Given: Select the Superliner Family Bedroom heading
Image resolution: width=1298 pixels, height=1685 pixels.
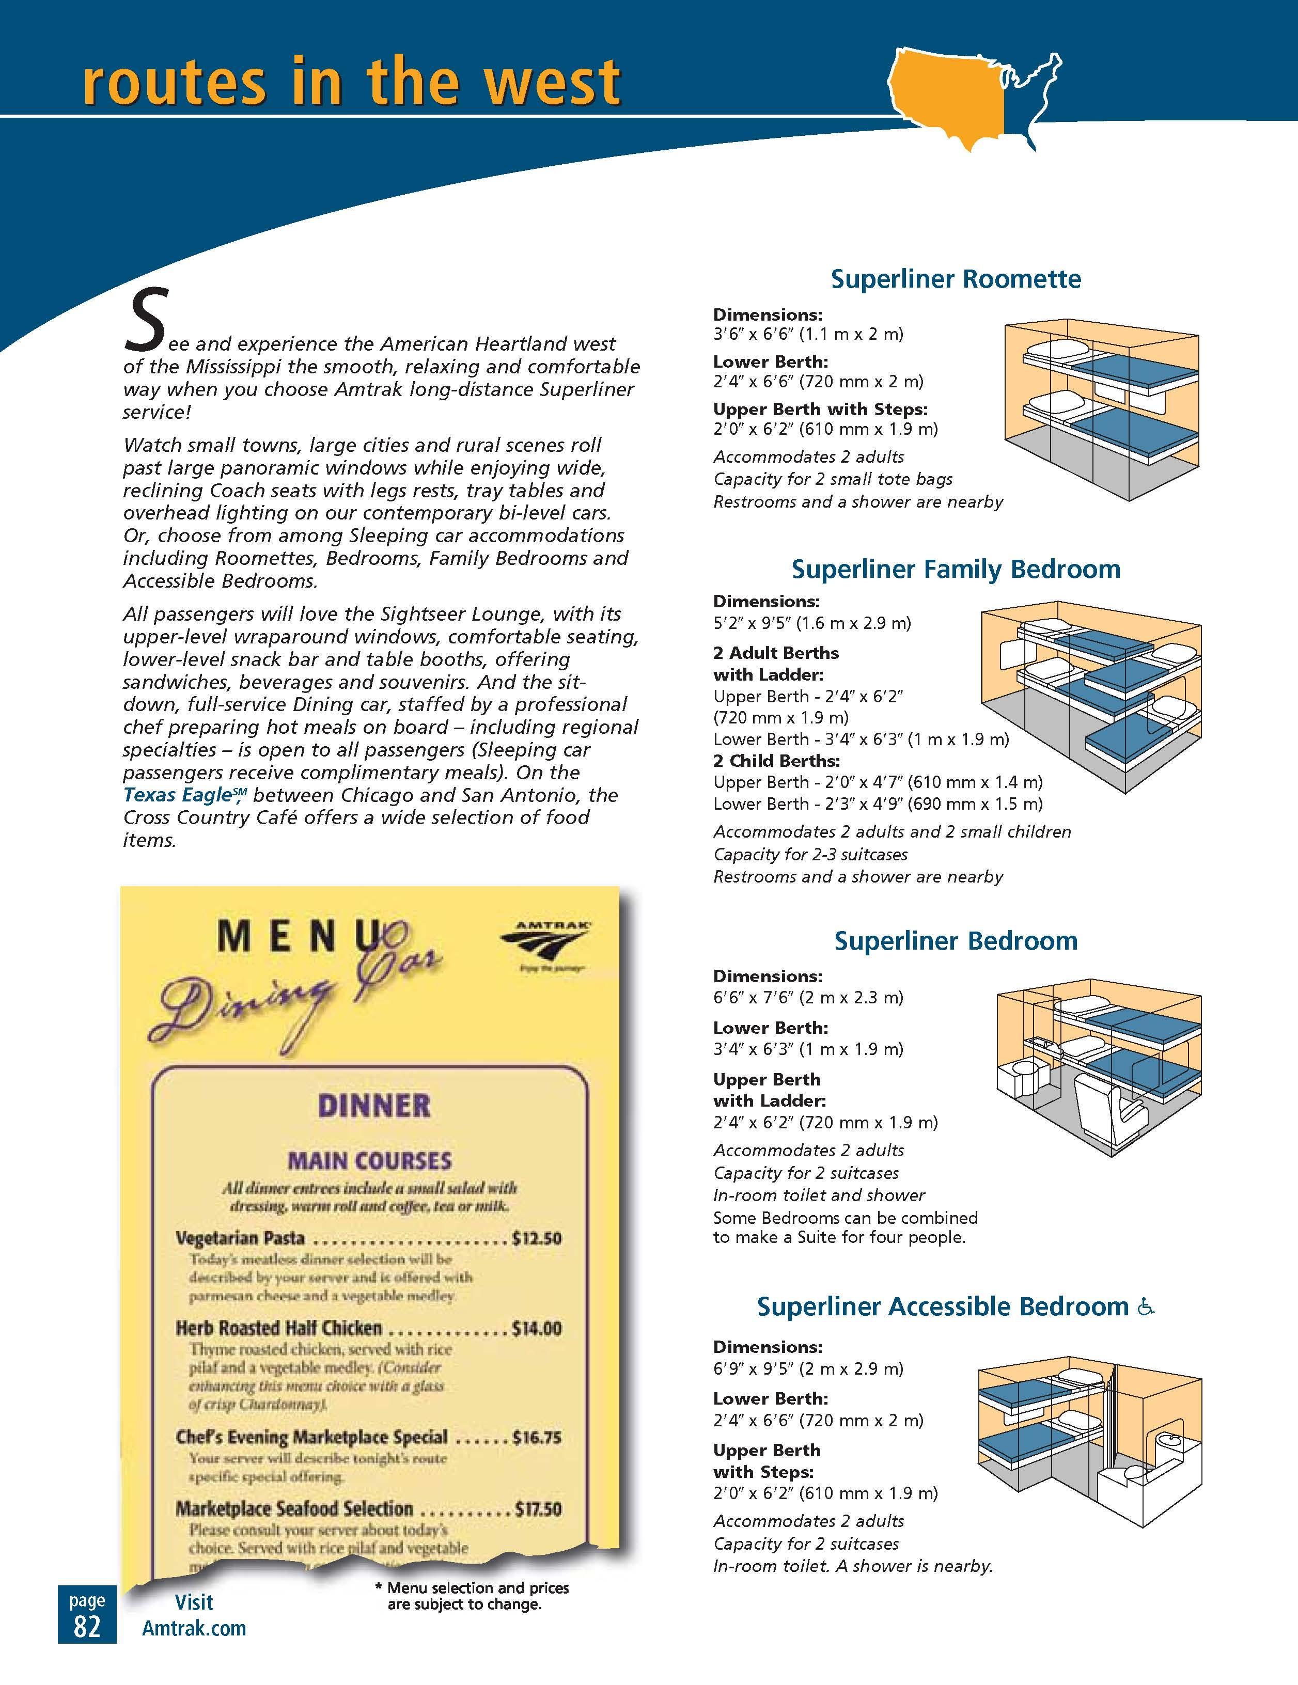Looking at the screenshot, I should pyautogui.click(x=956, y=570).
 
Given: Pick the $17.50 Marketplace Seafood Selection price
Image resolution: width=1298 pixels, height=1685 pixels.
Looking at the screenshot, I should pyautogui.click(x=537, y=1508).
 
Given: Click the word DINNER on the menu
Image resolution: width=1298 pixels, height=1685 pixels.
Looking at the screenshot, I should pyautogui.click(x=374, y=1106).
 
